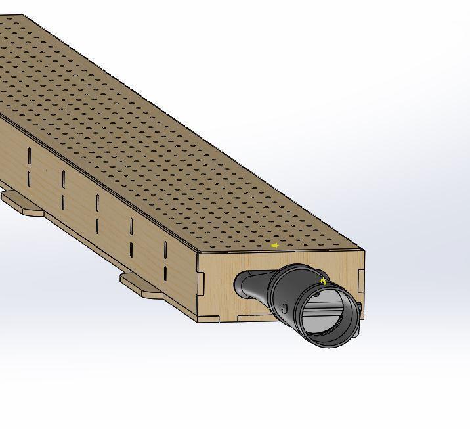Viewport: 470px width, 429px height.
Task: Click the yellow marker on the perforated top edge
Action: pyautogui.click(x=275, y=246)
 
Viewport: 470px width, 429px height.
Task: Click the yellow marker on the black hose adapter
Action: pyautogui.click(x=323, y=281)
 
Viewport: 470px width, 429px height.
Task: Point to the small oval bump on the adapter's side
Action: pyautogui.click(x=284, y=309)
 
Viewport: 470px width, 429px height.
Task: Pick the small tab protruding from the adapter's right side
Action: pyautogui.click(x=359, y=309)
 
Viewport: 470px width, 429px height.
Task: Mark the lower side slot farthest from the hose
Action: pyautogui.click(x=30, y=178)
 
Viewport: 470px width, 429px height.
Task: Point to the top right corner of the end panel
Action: pyautogui.click(x=364, y=252)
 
